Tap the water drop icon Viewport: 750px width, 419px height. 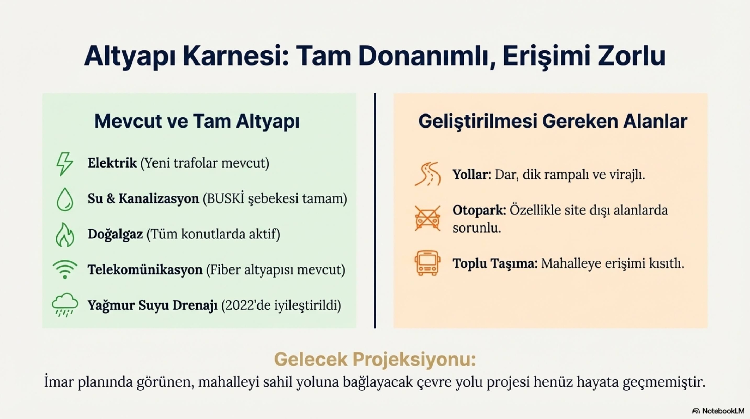(x=65, y=199)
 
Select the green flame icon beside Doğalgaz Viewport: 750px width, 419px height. (x=65, y=235)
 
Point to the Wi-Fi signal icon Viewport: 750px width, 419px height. (x=65, y=269)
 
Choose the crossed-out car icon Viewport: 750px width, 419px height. (x=427, y=218)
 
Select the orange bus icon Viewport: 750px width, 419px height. (x=427, y=263)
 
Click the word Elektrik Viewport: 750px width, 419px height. (x=112, y=163)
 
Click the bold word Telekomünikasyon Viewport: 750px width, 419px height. (x=145, y=270)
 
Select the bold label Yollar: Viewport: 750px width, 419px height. (x=472, y=175)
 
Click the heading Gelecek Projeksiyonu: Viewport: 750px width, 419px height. (x=375, y=359)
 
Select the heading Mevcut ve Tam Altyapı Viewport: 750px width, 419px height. (x=197, y=121)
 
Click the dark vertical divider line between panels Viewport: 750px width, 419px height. (x=375, y=211)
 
